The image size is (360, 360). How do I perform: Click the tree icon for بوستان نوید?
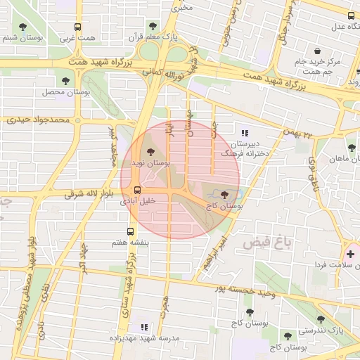pos(150,152)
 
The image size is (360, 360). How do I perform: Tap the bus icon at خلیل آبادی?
pos(136,190)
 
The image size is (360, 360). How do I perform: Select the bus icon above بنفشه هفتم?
pos(131,231)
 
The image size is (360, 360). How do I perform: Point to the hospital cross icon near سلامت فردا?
pos(350,253)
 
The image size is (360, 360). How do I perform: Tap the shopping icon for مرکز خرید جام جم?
pos(318,51)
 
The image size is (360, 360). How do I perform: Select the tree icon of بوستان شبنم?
pos(24,26)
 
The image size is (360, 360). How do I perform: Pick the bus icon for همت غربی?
pos(78,27)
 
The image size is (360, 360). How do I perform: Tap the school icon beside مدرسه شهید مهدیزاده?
pos(144,327)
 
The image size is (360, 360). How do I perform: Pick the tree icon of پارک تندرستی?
pos(321,319)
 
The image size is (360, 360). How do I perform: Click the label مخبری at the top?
pos(184,8)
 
